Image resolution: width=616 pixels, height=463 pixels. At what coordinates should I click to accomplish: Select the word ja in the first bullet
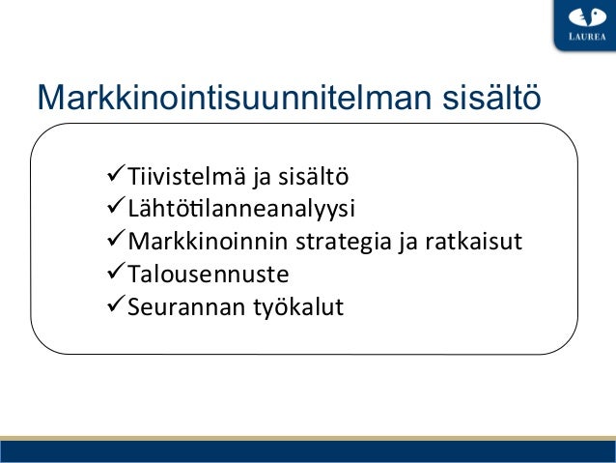click(262, 178)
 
